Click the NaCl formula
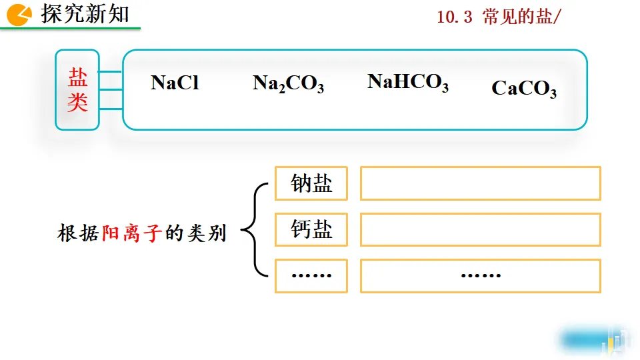click(x=175, y=83)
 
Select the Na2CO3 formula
click(x=288, y=84)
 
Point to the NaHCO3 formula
click(x=407, y=82)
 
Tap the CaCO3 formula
click(x=524, y=89)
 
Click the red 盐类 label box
click(x=77, y=90)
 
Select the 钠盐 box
click(x=311, y=183)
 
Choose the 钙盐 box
click(x=311, y=230)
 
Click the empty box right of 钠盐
click(x=480, y=183)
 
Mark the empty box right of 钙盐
click(x=480, y=230)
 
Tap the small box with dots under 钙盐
click(x=311, y=275)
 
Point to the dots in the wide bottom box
click(x=481, y=275)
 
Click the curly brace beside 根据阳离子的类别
click(x=254, y=230)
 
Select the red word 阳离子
click(x=132, y=234)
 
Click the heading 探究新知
click(x=85, y=14)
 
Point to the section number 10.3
click(x=454, y=18)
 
